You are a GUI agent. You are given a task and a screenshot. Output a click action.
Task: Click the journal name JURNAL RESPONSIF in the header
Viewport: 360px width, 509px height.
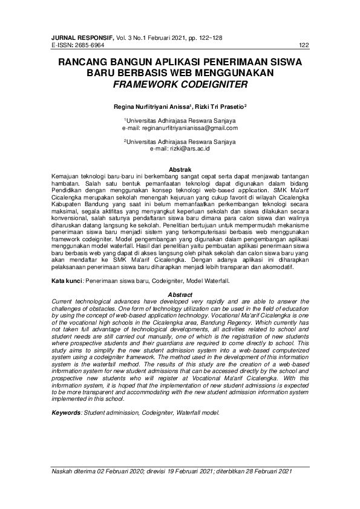(x=75, y=37)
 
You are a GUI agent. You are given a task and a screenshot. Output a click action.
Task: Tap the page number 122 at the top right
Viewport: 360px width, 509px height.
(x=304, y=45)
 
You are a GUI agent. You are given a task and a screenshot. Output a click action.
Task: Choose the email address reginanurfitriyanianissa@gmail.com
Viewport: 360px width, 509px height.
(x=180, y=128)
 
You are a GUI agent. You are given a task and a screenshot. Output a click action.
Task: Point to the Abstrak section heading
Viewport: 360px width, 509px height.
(x=180, y=169)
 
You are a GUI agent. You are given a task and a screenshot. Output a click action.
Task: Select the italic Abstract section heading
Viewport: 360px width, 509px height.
(x=180, y=294)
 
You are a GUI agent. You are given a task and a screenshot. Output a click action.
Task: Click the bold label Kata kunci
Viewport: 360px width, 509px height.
(x=66, y=281)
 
